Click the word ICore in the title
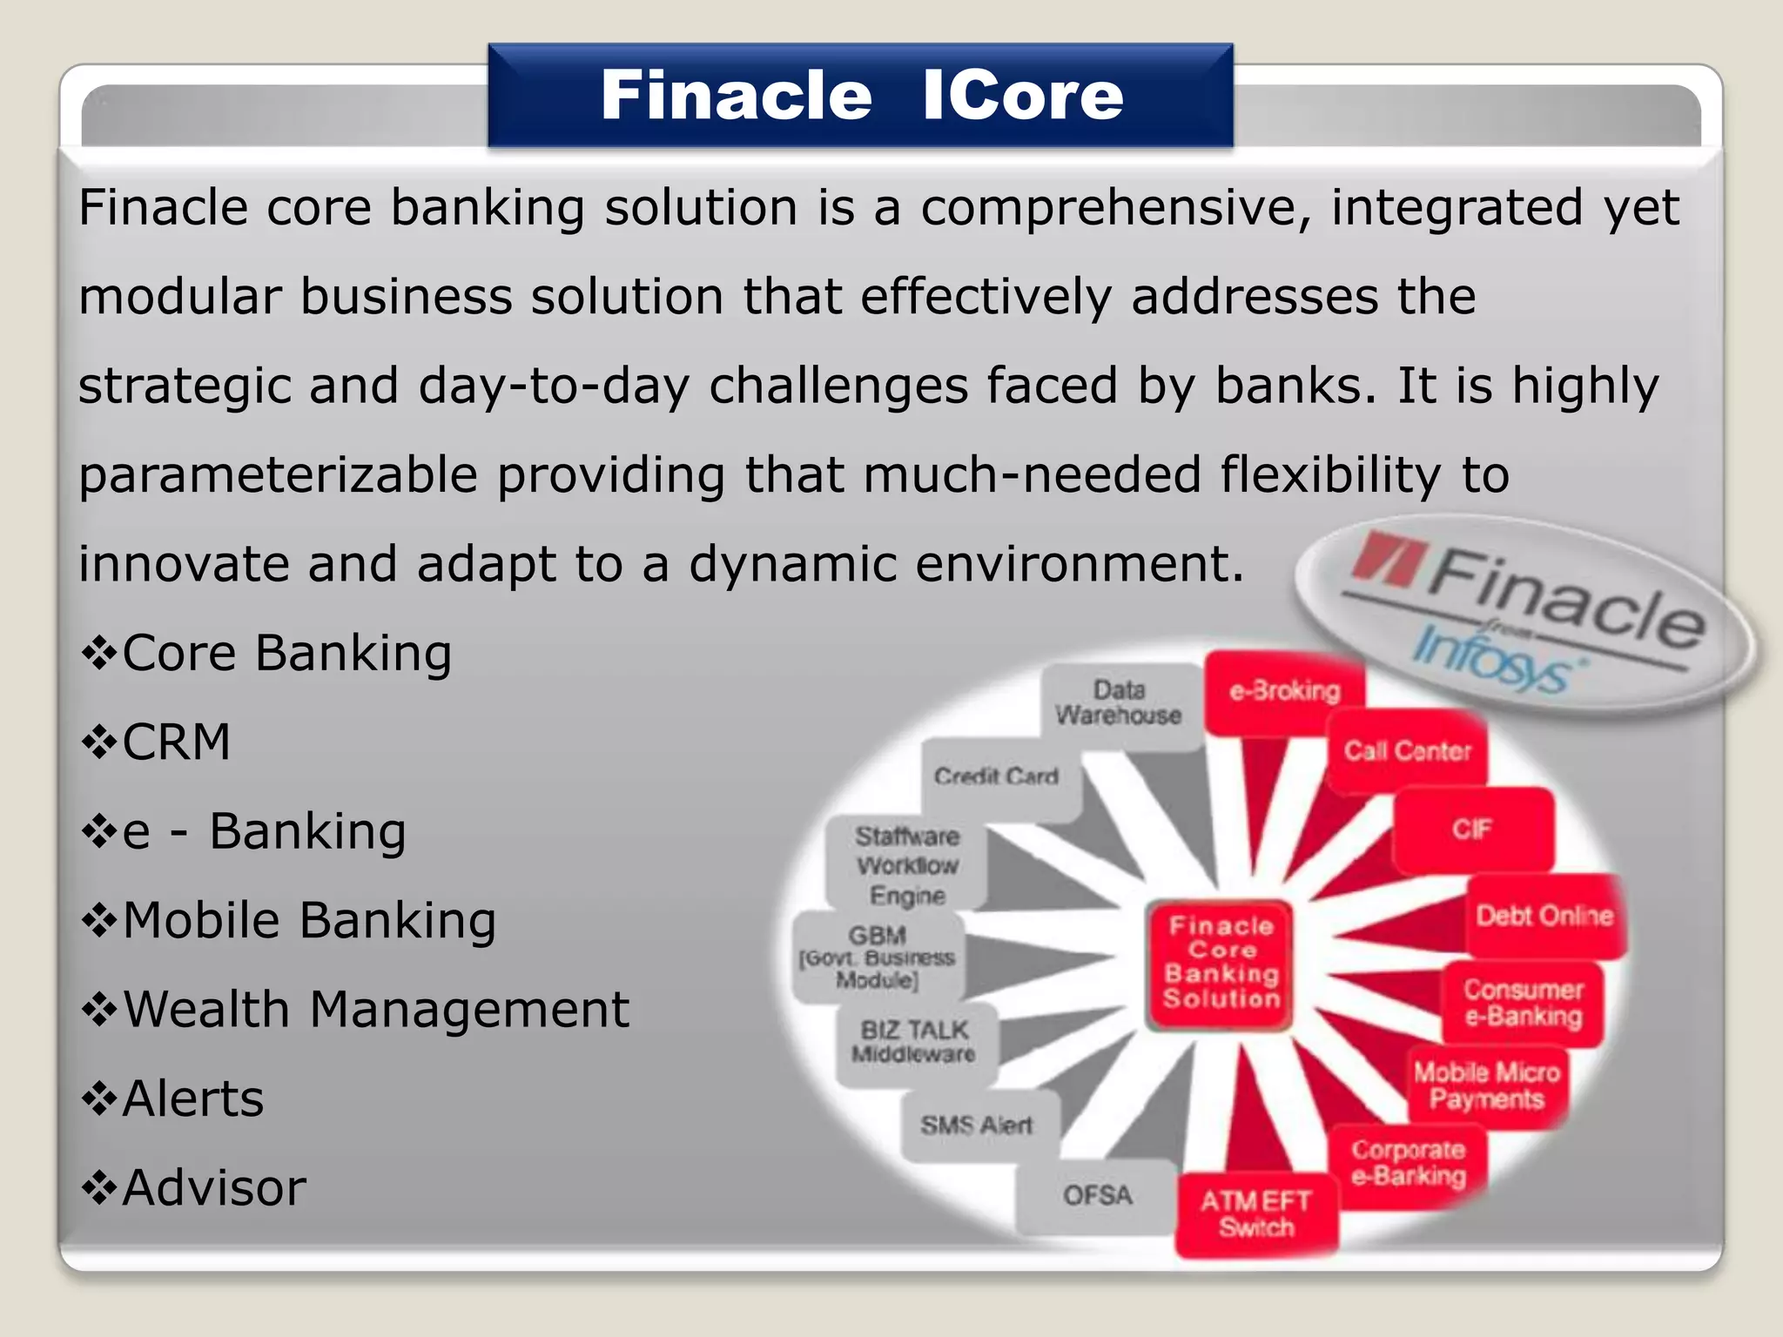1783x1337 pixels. (1023, 95)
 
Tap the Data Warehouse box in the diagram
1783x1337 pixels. (1120, 703)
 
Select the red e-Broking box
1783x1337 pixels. (1284, 691)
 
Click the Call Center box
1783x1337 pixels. (1407, 750)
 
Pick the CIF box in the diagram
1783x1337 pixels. (1472, 829)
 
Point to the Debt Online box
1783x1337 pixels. (1544, 916)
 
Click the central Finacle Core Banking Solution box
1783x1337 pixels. (1221, 963)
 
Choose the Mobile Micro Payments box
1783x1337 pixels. (1486, 1085)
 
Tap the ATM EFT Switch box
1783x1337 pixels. (1255, 1214)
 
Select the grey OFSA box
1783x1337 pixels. (1098, 1195)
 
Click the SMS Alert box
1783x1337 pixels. (977, 1125)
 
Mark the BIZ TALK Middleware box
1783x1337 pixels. (914, 1042)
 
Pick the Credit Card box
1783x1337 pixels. (997, 776)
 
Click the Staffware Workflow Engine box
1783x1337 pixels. (907, 865)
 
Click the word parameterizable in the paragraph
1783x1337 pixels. (279, 475)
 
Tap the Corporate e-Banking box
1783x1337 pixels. (1408, 1163)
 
